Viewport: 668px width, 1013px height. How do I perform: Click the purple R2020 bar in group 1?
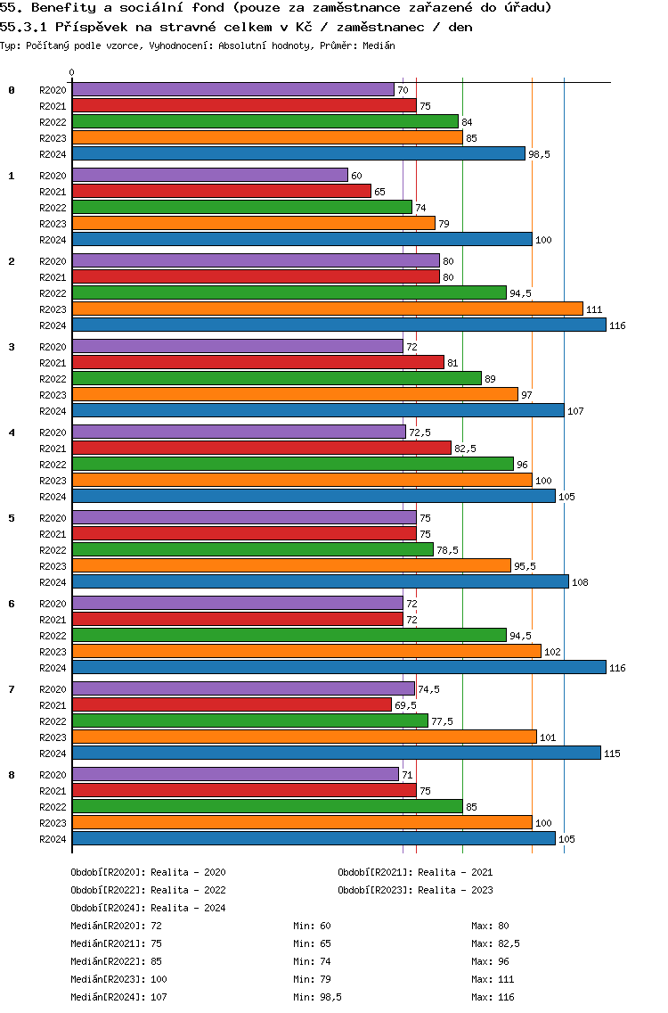click(x=209, y=176)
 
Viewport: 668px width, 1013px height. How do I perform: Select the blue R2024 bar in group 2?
click(x=338, y=325)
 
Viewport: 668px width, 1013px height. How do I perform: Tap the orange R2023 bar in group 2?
click(x=327, y=309)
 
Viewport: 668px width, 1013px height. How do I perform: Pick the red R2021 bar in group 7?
click(x=232, y=705)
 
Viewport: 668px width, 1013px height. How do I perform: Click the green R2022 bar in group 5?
click(x=252, y=550)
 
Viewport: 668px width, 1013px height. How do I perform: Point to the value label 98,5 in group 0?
click(x=539, y=154)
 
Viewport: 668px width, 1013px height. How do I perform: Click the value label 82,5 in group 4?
click(x=465, y=449)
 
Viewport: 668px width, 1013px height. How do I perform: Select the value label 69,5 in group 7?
click(x=405, y=705)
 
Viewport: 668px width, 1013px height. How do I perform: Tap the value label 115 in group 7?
click(x=612, y=754)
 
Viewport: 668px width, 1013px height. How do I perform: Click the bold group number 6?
click(x=12, y=604)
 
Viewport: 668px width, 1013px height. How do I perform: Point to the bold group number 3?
click(x=12, y=347)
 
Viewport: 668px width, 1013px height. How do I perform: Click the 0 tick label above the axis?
click(x=72, y=73)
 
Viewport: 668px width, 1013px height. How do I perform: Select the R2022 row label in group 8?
click(x=53, y=807)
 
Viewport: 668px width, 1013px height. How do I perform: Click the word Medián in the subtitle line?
click(x=379, y=45)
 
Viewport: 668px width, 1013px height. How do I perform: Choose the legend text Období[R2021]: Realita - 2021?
click(x=415, y=872)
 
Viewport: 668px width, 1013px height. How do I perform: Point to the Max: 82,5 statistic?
click(x=496, y=943)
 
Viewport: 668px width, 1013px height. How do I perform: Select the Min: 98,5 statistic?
click(x=318, y=997)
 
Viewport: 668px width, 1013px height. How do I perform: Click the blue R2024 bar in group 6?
click(x=338, y=668)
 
